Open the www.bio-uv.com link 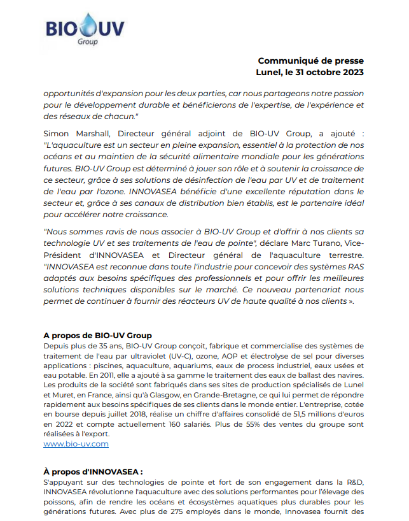[76, 443]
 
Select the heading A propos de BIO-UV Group [97, 335]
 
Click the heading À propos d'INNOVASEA [94, 471]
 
